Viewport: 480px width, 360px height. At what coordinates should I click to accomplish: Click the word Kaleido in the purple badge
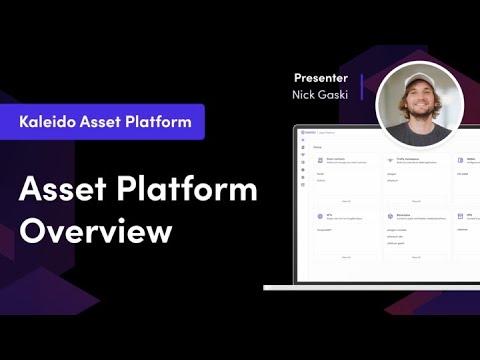[x=51, y=122]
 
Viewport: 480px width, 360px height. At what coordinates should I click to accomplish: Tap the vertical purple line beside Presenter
[x=361, y=86]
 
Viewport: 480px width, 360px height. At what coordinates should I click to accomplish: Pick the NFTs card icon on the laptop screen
[x=317, y=214]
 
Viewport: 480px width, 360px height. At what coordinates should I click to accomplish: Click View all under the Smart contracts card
[x=346, y=200]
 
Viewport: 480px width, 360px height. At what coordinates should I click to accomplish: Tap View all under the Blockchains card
[x=412, y=256]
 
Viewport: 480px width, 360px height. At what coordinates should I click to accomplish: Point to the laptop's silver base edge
[x=371, y=287]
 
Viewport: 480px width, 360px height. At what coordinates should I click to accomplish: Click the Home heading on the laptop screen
[x=317, y=146]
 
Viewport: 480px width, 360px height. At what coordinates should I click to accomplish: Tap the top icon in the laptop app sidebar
[x=303, y=146]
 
